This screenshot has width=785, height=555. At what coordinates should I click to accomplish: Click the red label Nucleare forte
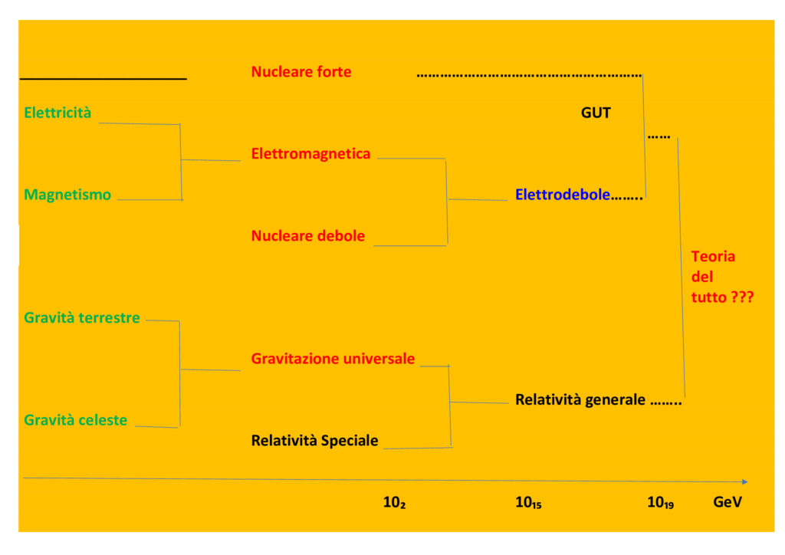click(301, 72)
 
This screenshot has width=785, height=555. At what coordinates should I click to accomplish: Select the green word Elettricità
click(57, 113)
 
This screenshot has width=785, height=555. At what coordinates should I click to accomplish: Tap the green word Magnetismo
click(67, 195)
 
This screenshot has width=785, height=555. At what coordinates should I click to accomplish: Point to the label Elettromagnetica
click(310, 153)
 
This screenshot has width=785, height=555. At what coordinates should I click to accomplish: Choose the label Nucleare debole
click(308, 235)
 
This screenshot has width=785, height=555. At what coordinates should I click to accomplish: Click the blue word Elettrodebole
click(563, 195)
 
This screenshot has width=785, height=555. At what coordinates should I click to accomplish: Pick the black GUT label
click(596, 113)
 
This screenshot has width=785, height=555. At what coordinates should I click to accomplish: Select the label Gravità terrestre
click(82, 317)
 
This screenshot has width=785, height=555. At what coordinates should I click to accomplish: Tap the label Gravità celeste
click(75, 420)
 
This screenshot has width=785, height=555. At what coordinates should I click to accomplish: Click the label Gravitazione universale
click(333, 358)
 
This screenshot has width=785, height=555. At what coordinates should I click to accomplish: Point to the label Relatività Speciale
click(314, 440)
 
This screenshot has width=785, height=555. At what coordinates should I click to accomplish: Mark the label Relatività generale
click(580, 399)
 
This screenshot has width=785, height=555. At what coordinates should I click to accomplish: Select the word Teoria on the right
click(713, 257)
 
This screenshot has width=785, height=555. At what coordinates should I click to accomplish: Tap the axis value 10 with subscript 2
click(394, 503)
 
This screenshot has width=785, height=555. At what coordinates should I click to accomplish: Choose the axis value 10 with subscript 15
click(528, 503)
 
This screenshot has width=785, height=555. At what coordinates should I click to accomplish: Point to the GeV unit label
click(728, 502)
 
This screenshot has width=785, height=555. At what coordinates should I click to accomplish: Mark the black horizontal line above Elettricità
click(103, 78)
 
